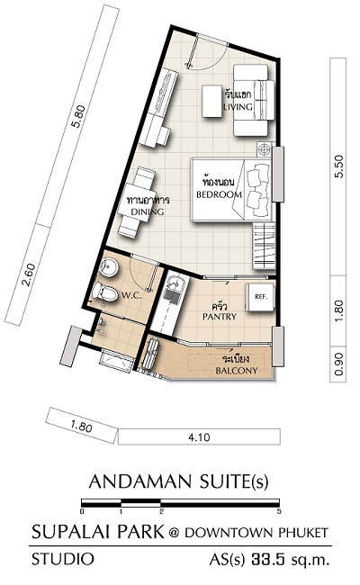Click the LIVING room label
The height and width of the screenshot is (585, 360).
(x=238, y=107)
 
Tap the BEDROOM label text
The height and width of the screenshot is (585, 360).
(x=219, y=194)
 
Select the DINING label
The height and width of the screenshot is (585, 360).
(x=148, y=211)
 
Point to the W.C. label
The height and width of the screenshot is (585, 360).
(x=130, y=296)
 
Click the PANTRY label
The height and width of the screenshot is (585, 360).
(x=220, y=317)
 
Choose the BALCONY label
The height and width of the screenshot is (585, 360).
(x=237, y=371)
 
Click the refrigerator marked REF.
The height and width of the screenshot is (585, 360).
(x=260, y=297)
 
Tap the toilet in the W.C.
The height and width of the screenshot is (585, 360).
(x=104, y=292)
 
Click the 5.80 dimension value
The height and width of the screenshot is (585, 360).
(x=79, y=117)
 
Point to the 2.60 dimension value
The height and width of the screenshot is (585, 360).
(x=29, y=275)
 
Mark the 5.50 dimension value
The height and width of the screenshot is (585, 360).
(x=339, y=166)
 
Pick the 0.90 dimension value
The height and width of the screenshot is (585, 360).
(x=338, y=364)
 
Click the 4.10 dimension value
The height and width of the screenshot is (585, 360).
(x=199, y=436)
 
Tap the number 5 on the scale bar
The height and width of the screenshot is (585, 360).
(x=279, y=511)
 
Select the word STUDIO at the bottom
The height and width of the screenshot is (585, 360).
(x=63, y=559)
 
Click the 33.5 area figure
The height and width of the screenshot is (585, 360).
(x=268, y=559)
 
